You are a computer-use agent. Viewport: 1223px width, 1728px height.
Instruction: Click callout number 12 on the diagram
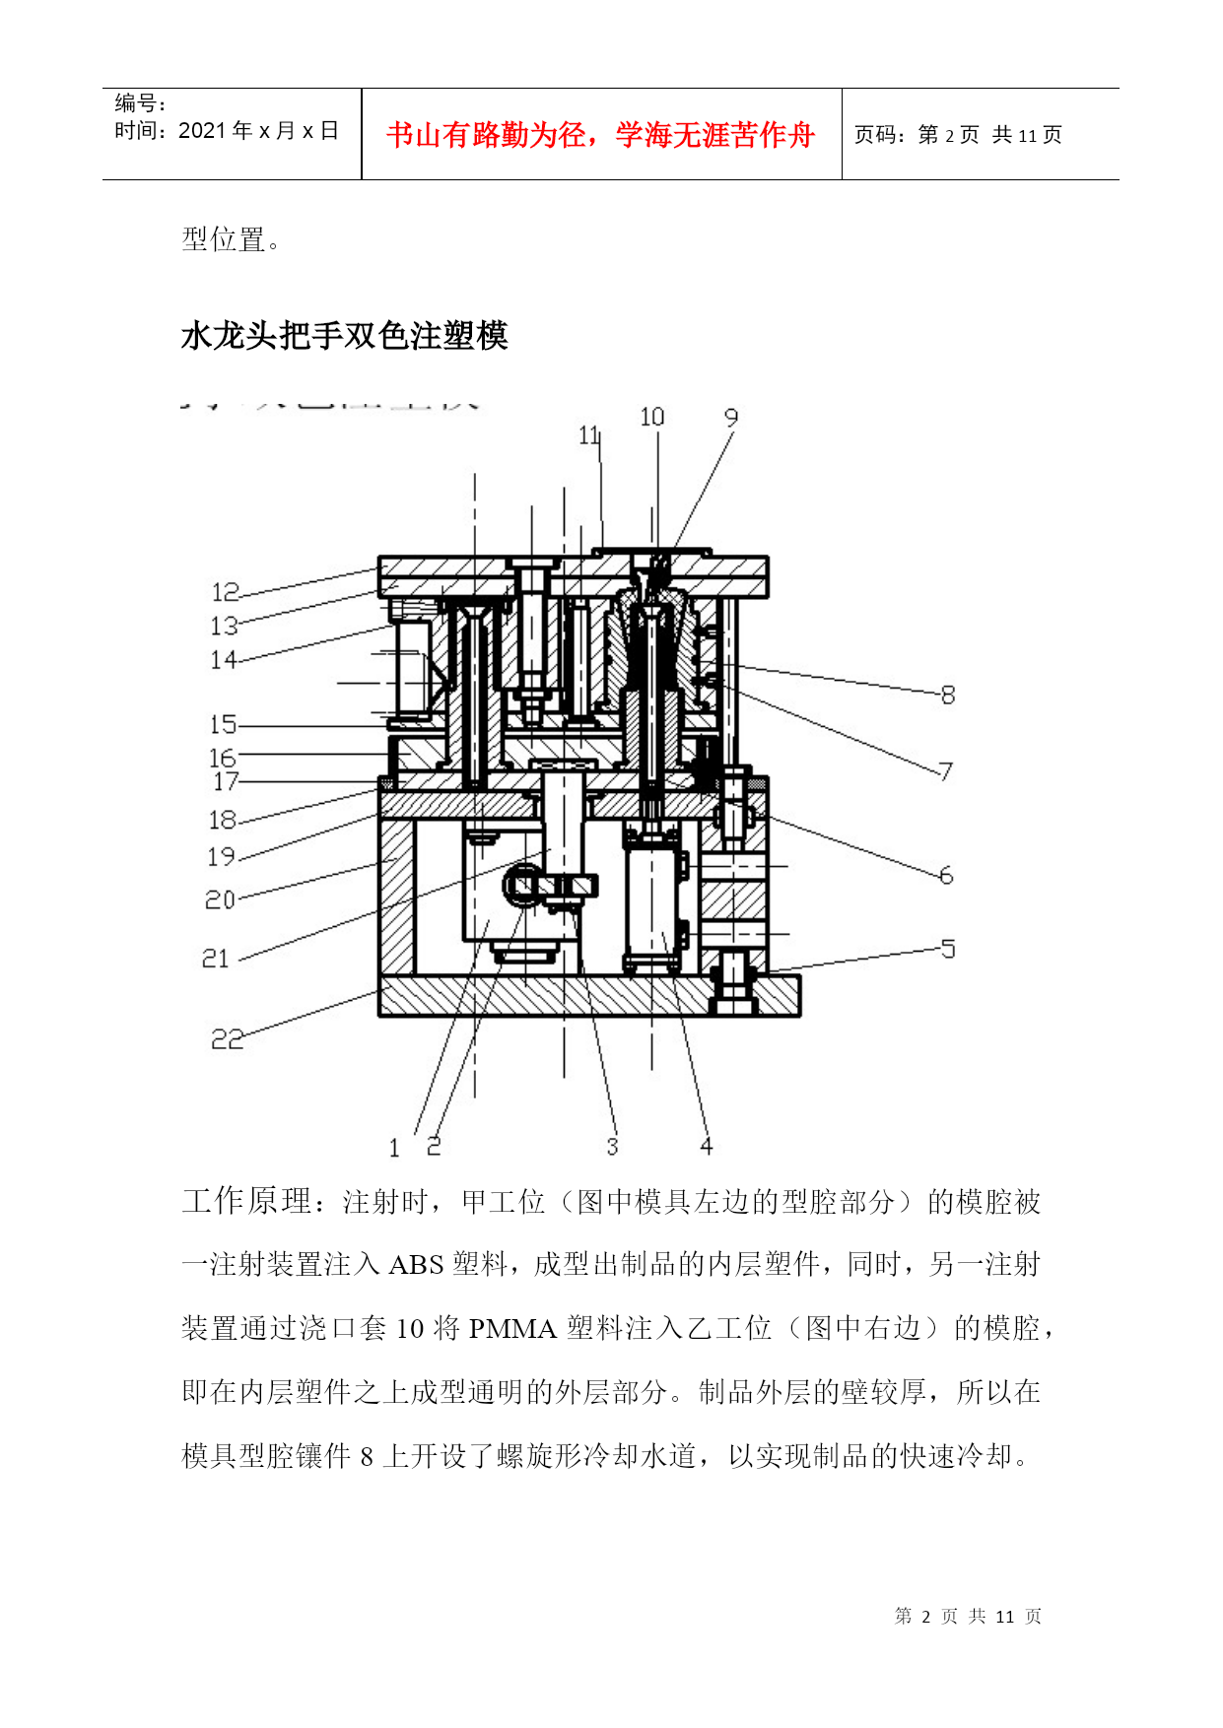click(226, 592)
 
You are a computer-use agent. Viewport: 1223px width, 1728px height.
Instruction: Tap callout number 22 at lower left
click(227, 1038)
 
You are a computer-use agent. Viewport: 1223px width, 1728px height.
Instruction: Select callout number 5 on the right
click(947, 948)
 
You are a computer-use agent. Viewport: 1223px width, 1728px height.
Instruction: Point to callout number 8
click(948, 695)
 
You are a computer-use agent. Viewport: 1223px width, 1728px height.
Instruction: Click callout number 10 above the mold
click(651, 417)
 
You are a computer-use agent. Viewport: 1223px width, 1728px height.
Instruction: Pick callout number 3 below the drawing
click(612, 1146)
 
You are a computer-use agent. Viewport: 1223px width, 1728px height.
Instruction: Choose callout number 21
click(216, 958)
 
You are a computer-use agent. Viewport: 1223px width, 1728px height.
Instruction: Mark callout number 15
click(224, 724)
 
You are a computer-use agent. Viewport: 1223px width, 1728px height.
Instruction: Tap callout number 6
click(946, 874)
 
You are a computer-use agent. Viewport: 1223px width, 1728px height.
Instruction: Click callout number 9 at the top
click(731, 417)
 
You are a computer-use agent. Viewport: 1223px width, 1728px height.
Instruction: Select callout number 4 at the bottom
click(706, 1146)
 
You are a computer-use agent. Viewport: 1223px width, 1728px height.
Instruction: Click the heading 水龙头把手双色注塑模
click(345, 336)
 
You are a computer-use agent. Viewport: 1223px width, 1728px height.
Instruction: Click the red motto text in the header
click(601, 134)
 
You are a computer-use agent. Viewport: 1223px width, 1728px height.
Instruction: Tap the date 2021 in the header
click(202, 130)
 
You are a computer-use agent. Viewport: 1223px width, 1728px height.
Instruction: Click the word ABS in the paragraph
click(416, 1264)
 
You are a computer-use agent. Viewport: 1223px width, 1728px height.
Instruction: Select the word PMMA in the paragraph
click(512, 1328)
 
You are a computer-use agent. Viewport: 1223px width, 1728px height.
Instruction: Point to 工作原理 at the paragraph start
click(247, 1201)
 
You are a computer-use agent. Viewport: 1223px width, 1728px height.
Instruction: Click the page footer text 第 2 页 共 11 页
click(968, 1616)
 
